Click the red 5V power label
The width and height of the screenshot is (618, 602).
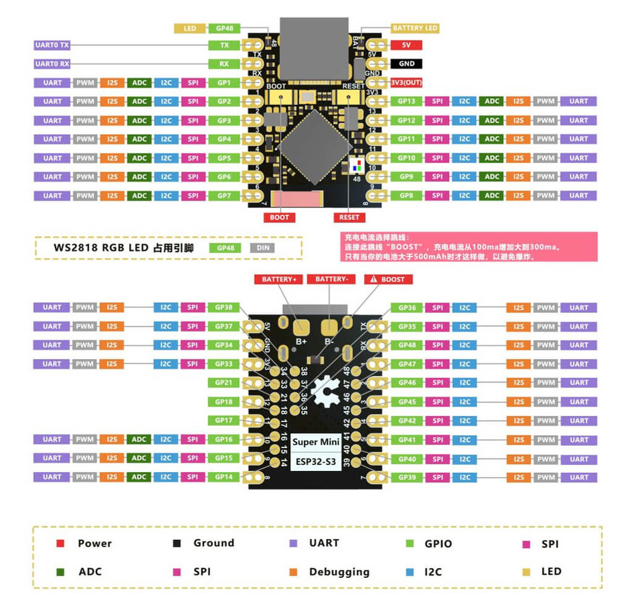(406, 45)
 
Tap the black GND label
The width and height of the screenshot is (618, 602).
(406, 64)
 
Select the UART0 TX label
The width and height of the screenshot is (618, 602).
(52, 45)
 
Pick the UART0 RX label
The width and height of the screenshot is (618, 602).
(52, 64)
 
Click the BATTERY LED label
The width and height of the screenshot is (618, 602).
(415, 28)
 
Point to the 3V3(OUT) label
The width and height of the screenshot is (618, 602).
(406, 83)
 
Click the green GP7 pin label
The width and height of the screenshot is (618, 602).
(224, 195)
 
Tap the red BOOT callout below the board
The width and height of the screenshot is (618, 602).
(279, 218)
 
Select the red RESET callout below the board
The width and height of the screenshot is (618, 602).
(349, 218)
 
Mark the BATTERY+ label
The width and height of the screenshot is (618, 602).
(279, 279)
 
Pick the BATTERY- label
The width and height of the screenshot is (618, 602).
(332, 279)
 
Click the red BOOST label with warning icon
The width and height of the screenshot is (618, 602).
(388, 279)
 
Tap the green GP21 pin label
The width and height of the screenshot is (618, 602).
(224, 383)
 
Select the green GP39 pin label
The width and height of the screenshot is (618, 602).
(407, 477)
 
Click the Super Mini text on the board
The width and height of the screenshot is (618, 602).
(314, 443)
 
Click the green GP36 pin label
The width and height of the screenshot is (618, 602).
(407, 307)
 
